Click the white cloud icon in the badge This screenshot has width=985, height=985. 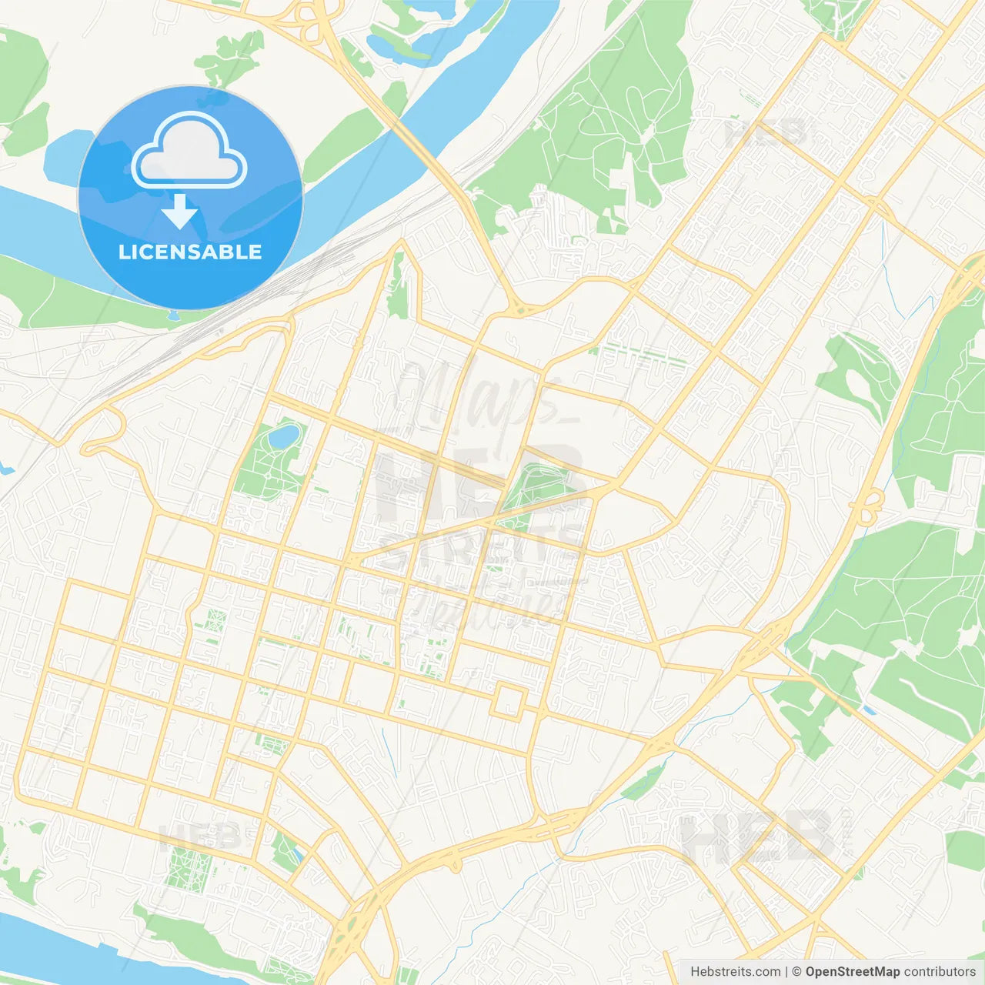pyautogui.click(x=189, y=152)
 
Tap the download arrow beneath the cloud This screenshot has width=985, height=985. pyautogui.click(x=180, y=212)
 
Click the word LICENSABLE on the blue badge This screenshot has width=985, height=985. pyautogui.click(x=190, y=252)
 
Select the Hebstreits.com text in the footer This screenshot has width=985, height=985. pyautogui.click(x=735, y=972)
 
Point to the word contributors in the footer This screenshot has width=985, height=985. pyautogui.click(x=940, y=972)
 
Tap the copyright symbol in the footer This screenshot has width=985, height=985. pyautogui.click(x=796, y=972)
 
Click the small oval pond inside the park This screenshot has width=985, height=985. pyautogui.click(x=283, y=437)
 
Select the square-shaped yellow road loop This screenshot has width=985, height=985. pyautogui.click(x=509, y=702)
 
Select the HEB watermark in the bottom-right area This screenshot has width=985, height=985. pyautogui.click(x=758, y=835)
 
